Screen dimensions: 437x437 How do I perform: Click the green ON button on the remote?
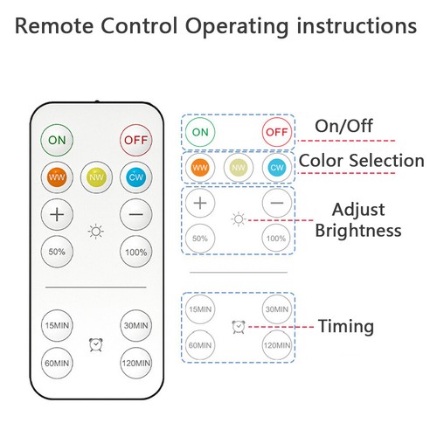(x=57, y=140)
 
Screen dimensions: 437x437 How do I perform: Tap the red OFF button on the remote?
(x=136, y=140)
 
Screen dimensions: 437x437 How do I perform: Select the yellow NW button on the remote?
(x=96, y=177)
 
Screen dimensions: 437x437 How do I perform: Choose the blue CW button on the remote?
(x=136, y=177)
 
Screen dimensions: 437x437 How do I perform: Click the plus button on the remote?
(x=57, y=215)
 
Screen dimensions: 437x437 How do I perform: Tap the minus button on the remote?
(x=136, y=215)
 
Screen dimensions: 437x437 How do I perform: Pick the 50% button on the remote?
(x=57, y=252)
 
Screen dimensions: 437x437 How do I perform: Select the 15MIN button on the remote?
(x=57, y=325)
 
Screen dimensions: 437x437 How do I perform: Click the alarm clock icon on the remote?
(x=96, y=344)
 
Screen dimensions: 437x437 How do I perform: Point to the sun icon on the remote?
(x=96, y=232)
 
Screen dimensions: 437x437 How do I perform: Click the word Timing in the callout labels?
(x=346, y=326)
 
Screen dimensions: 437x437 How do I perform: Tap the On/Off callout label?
(x=343, y=126)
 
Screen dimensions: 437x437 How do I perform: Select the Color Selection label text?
(x=362, y=160)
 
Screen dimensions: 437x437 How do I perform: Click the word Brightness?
(x=358, y=231)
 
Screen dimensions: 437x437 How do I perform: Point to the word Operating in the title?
(x=237, y=27)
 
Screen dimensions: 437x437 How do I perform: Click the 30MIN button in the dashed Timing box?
(x=277, y=309)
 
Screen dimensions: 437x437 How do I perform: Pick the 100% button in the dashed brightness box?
(x=276, y=239)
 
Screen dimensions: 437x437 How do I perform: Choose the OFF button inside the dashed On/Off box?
(x=277, y=132)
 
